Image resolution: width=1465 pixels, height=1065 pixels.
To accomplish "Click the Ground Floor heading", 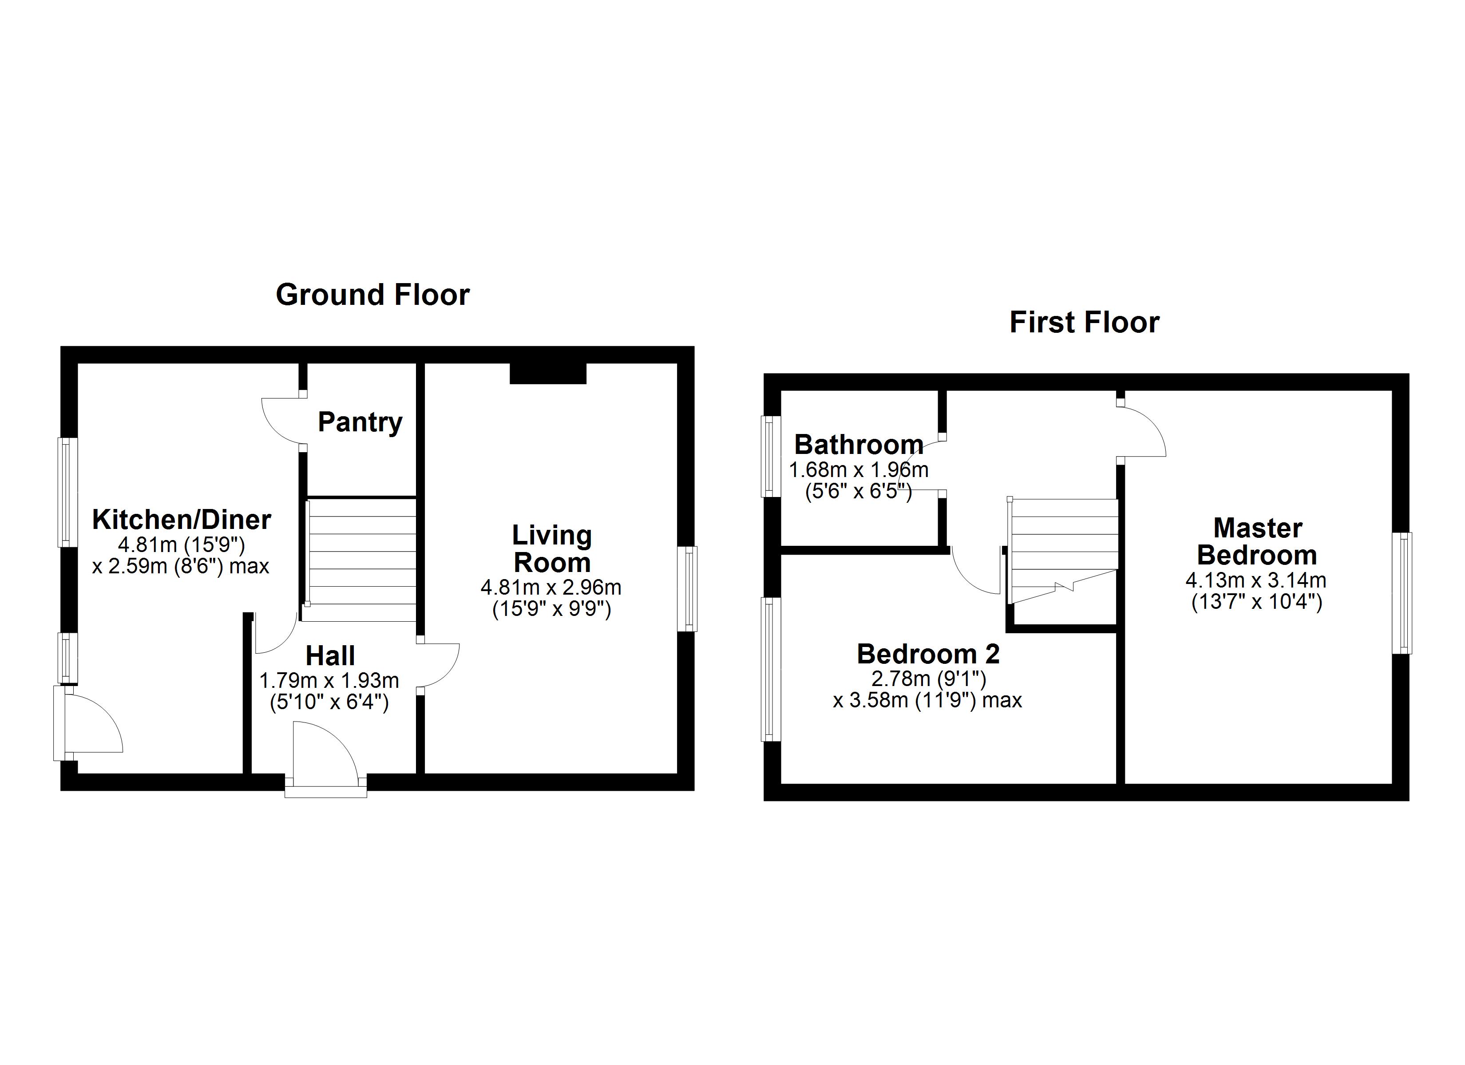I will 373,295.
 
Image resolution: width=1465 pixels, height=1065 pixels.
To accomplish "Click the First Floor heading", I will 1084,322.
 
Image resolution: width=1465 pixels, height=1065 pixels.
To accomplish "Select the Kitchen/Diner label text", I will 182,519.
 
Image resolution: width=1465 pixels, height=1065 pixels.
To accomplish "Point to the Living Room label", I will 552,549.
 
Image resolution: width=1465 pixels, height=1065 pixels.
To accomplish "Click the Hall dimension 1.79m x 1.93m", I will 329,680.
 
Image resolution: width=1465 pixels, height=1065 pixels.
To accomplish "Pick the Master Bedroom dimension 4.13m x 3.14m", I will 1256,580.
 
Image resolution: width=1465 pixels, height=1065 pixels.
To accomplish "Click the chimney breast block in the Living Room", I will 548,373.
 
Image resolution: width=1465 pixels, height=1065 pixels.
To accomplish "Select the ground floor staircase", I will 360,559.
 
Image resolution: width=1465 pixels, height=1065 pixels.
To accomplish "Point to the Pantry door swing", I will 282,421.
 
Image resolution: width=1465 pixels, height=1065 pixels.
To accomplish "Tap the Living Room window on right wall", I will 690,588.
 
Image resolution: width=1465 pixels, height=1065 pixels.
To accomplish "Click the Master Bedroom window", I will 1402,592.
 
